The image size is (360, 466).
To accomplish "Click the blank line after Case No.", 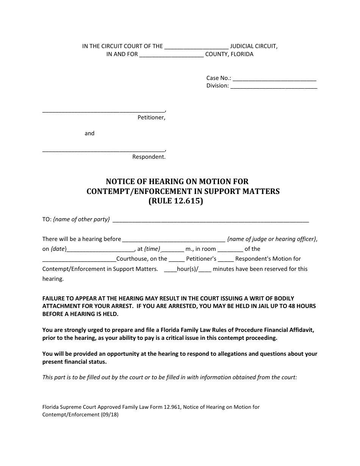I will tap(274, 79).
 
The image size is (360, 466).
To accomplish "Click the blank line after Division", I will tap(274, 86).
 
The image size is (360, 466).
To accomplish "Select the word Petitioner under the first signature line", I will tap(151, 117).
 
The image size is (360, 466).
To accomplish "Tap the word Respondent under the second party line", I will tap(149, 157).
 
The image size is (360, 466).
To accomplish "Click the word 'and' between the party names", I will tap(89, 133).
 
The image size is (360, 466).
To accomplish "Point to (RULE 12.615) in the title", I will tap(175, 201).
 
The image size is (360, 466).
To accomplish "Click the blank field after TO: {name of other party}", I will tap(211, 220).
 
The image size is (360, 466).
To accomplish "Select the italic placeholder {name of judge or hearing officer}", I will tap(272, 239).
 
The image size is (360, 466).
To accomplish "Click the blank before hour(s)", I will tap(171, 269).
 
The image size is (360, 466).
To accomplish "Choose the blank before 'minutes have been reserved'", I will tap(205, 269).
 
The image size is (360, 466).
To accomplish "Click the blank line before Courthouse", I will tap(79, 260).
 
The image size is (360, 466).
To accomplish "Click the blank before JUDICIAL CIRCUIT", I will tap(196, 47).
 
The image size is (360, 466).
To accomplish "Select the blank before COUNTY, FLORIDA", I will tap(171, 55).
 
